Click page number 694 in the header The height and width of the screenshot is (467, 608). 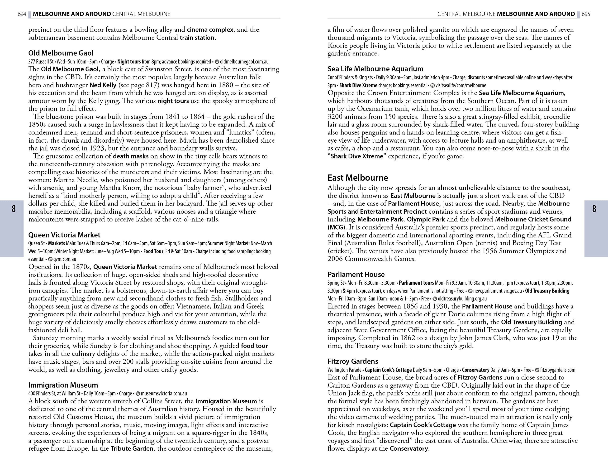coord(22,14)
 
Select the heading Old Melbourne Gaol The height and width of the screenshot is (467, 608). coord(61,53)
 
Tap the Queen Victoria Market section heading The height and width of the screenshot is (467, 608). coord(64,235)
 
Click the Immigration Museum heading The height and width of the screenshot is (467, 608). coord(63,385)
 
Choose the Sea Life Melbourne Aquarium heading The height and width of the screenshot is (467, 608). coord(375,69)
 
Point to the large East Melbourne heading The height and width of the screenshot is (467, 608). coord(358,178)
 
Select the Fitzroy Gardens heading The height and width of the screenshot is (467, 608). coord(353,361)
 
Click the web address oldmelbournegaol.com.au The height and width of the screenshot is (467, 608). coord(244,62)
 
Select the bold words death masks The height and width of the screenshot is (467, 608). coord(131,156)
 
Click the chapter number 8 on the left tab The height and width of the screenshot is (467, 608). coord(14,209)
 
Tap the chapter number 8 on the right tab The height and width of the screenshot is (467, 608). coord(594,209)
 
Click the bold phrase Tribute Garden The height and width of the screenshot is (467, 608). coord(132,448)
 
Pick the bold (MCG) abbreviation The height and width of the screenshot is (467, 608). coord(336,227)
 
